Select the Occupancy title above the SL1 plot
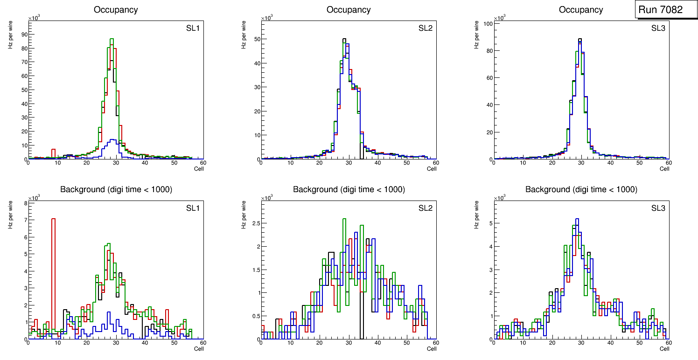(116, 10)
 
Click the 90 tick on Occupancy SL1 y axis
(23, 34)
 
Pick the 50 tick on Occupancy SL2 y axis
(256, 39)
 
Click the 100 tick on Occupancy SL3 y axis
(487, 23)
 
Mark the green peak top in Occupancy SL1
(112, 39)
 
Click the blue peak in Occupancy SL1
(112, 139)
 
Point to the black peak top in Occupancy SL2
(344, 39)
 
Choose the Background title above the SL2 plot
(349, 189)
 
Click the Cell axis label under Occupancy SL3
(664, 169)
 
